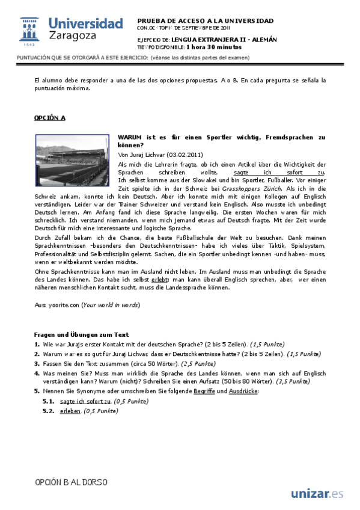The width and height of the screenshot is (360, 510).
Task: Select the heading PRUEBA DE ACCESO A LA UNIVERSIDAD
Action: [x=205, y=20]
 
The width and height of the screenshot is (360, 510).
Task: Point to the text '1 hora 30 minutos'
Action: [x=213, y=46]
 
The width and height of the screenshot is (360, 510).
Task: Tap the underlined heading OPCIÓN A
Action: [x=50, y=118]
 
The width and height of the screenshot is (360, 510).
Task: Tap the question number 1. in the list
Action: [x=37, y=345]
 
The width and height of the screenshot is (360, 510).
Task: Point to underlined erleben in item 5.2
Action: [x=70, y=411]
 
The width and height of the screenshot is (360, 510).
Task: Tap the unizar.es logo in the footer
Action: [x=317, y=494]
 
